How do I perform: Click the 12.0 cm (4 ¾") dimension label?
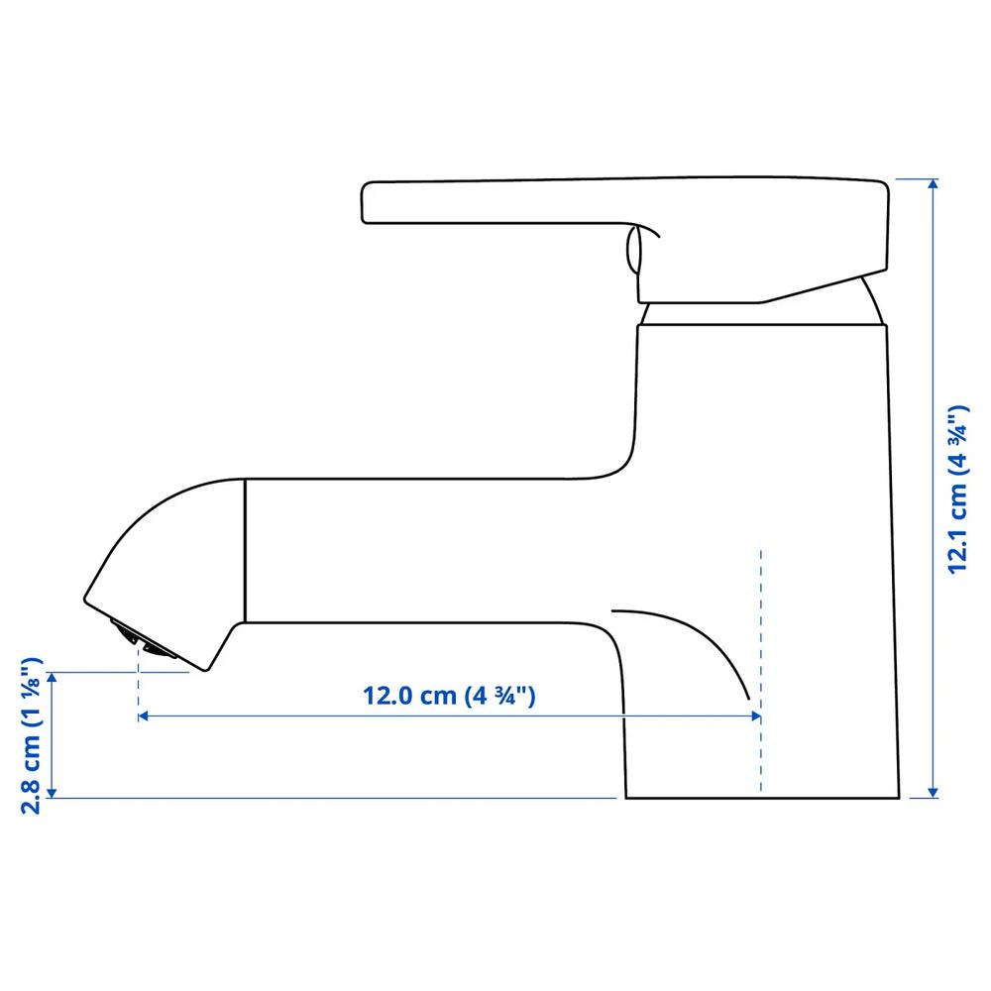pos(449,696)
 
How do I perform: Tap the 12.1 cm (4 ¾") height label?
pos(957,490)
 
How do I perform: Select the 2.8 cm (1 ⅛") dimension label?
pos(32,735)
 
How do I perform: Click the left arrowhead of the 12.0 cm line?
pos(143,716)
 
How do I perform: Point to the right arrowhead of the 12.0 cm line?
pos(756,716)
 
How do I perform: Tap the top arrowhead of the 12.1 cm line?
pos(933,184)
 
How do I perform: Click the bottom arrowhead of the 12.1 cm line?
pos(933,793)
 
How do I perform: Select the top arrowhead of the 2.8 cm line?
pos(53,678)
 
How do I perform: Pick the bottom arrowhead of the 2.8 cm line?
pos(53,793)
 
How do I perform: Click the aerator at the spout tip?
pos(143,639)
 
